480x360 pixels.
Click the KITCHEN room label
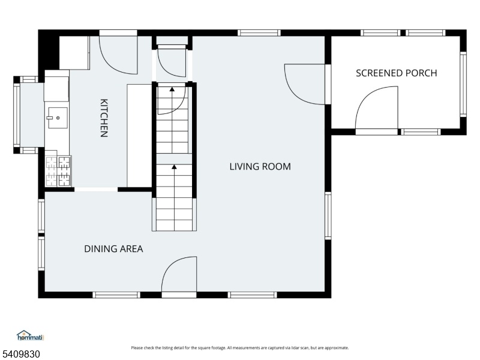pos(104,118)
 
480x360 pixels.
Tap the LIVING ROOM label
pos(260,167)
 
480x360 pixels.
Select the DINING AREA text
pos(113,248)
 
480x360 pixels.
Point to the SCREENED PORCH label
pos(397,73)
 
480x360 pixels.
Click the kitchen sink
pos(57,118)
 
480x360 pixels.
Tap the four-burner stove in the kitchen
pos(58,172)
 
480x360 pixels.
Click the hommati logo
pos(30,335)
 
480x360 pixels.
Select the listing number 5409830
pos(20,354)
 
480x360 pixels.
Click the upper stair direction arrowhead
pos(172,89)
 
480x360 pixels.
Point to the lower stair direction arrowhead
pos(174,167)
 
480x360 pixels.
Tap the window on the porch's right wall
pos(463,84)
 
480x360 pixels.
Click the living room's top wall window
pos(259,33)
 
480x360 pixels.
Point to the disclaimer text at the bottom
pos(240,348)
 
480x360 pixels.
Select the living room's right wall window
pos(328,215)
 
